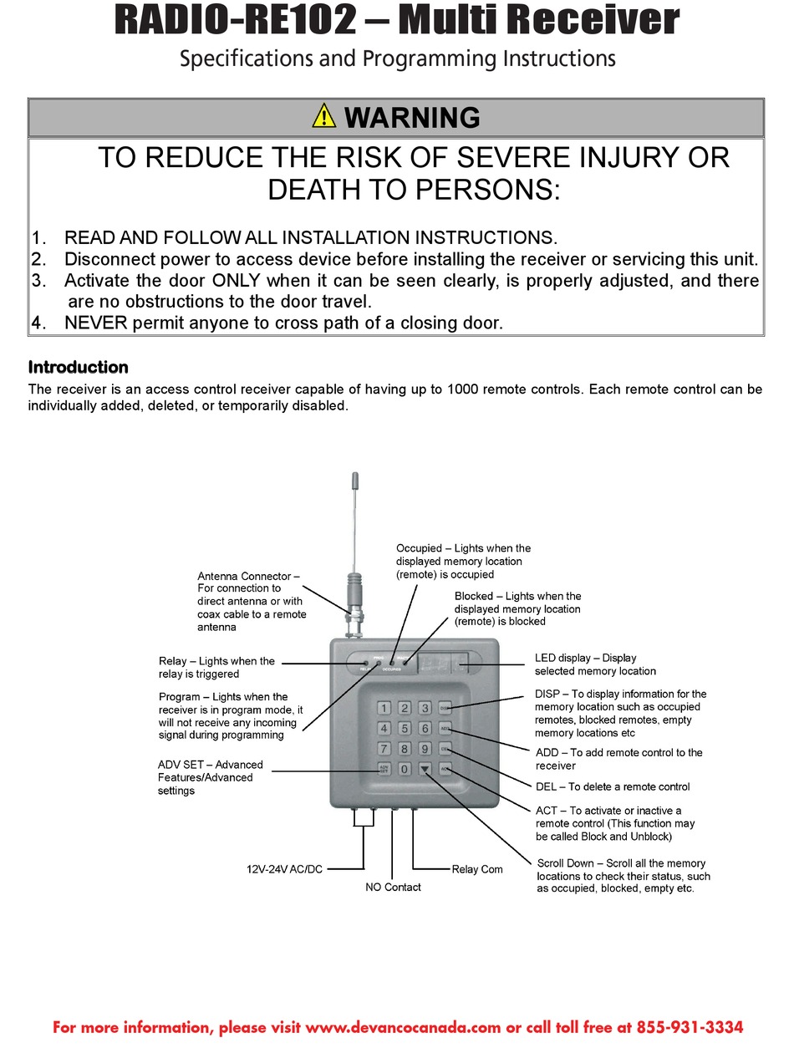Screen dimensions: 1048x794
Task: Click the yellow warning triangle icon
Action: click(x=324, y=116)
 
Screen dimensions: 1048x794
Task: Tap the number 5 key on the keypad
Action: click(x=405, y=728)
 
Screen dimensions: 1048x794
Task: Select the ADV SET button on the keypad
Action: click(x=384, y=768)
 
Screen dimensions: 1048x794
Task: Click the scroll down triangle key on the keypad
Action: click(x=425, y=768)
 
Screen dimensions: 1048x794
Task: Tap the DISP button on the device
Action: click(x=445, y=708)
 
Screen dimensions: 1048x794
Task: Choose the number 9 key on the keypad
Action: click(x=425, y=748)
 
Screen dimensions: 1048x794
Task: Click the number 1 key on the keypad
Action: click(x=384, y=708)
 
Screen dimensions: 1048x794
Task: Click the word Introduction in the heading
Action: click(x=78, y=367)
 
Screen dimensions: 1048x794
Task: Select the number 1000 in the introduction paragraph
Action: click(x=464, y=389)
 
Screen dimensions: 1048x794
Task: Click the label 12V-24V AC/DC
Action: click(x=284, y=869)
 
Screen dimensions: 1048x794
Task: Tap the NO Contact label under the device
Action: click(x=393, y=887)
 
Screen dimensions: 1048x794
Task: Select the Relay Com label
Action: click(x=477, y=869)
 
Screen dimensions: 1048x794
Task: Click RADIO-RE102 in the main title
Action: click(x=235, y=21)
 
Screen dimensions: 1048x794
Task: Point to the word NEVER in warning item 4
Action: click(x=95, y=323)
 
